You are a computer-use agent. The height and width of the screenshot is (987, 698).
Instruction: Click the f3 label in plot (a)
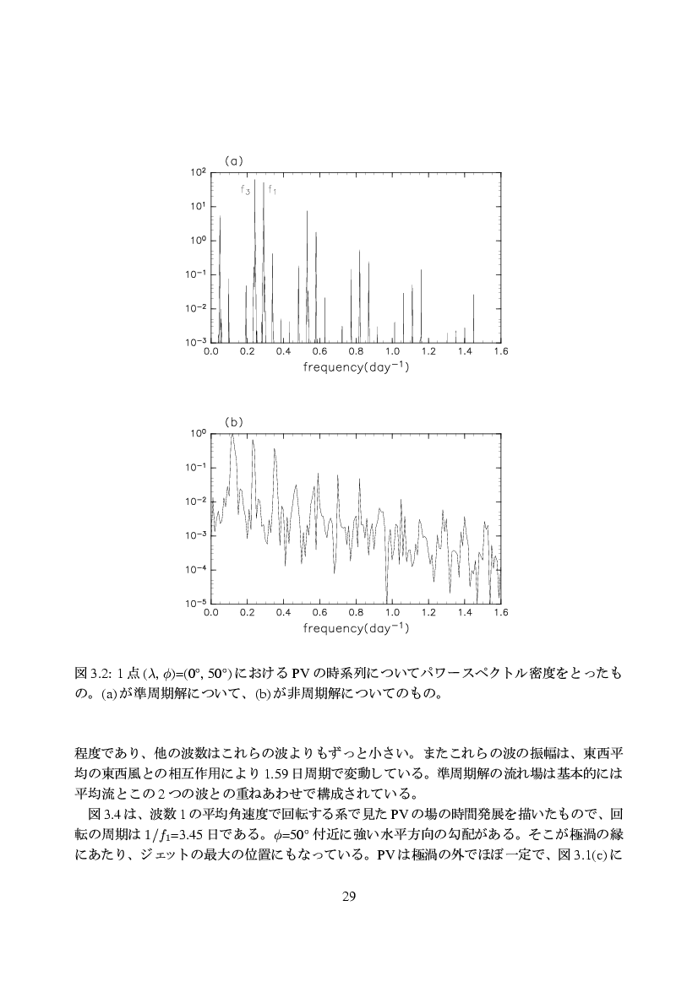pyautogui.click(x=245, y=192)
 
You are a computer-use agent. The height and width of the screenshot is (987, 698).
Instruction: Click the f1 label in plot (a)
pyautogui.click(x=272, y=190)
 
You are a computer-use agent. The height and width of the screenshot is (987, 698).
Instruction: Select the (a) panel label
pyautogui.click(x=233, y=159)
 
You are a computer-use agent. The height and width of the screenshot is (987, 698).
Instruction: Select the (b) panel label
pyautogui.click(x=233, y=420)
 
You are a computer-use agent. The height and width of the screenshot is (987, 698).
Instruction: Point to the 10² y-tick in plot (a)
pyautogui.click(x=199, y=172)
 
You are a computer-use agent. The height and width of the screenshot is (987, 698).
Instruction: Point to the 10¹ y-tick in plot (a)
pyautogui.click(x=199, y=206)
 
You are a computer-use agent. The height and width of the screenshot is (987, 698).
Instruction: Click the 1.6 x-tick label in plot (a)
pyautogui.click(x=501, y=351)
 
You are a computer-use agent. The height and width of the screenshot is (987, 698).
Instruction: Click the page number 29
pyautogui.click(x=349, y=896)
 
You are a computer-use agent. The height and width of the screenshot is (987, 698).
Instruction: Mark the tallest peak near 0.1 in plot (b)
pyautogui.click(x=232, y=437)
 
